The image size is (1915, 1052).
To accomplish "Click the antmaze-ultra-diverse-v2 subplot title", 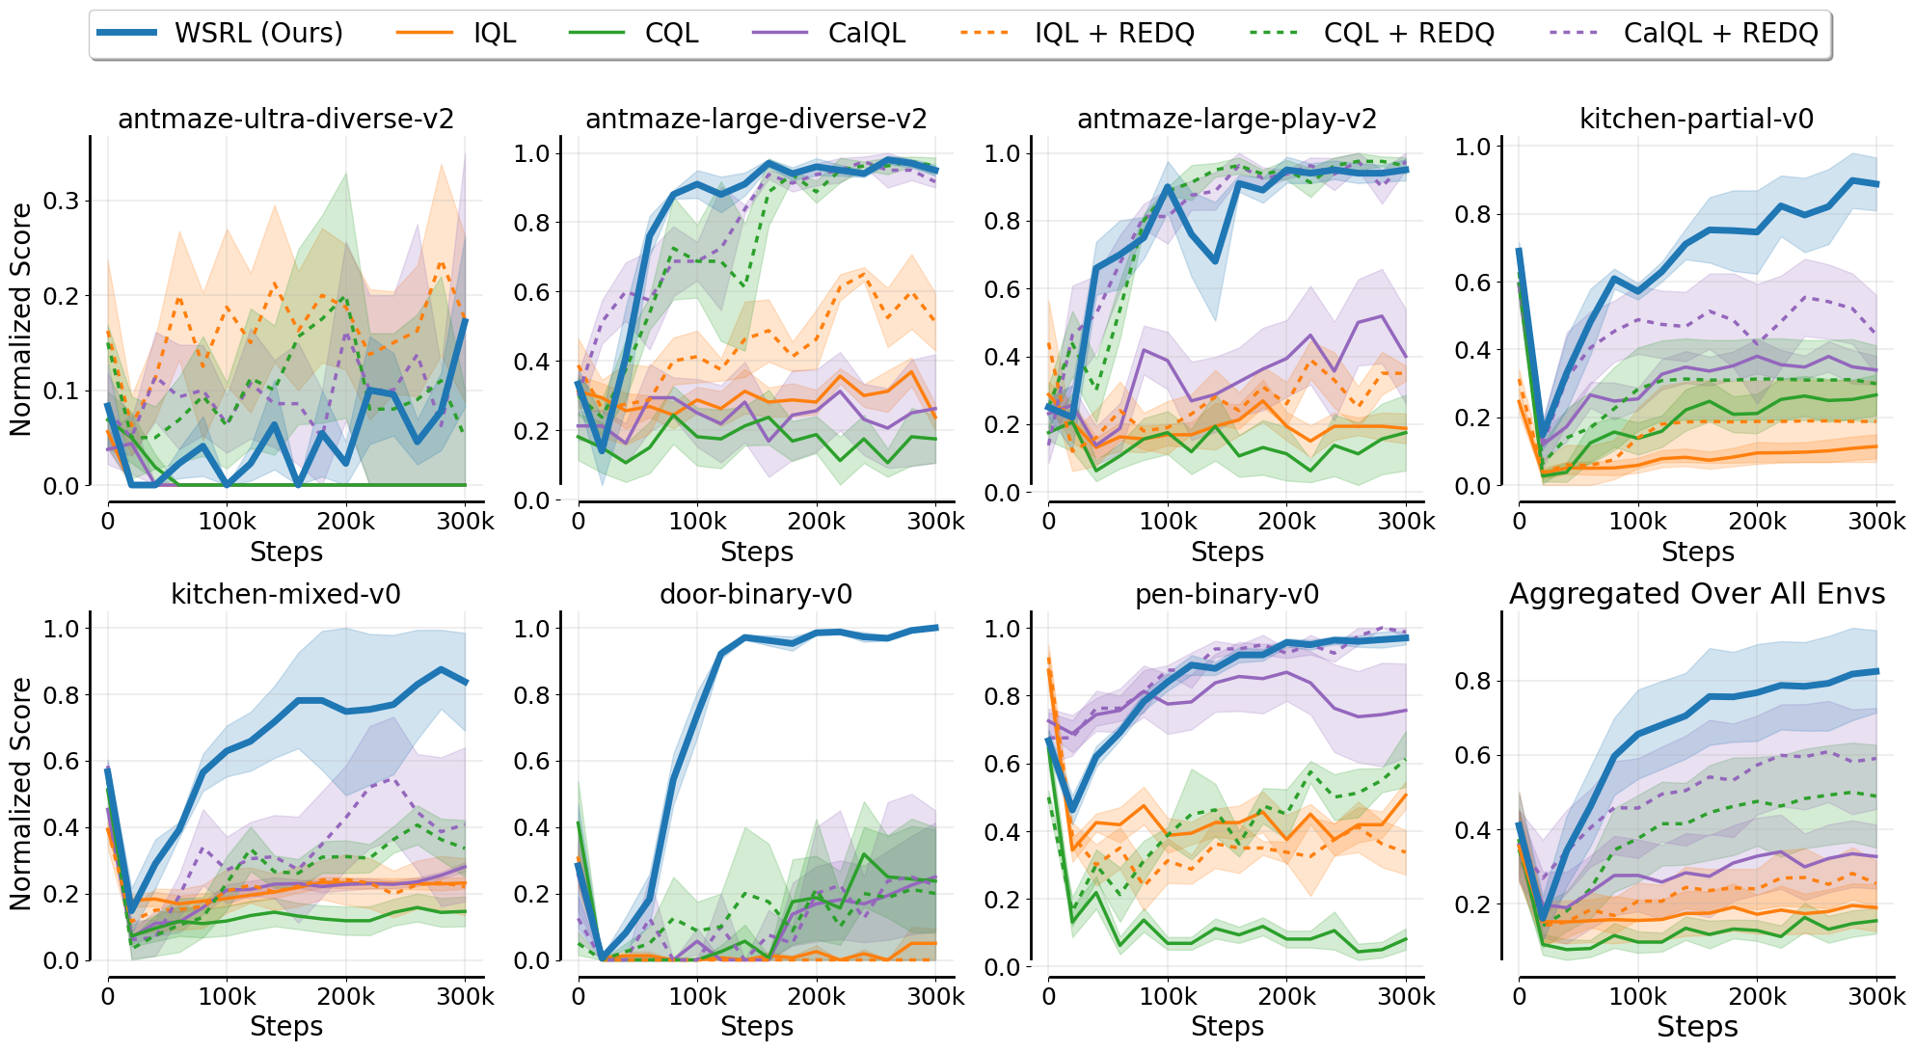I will pos(285,120).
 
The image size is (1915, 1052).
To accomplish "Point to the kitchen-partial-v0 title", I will pos(1696,120).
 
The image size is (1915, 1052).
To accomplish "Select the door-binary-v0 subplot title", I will pos(756,594).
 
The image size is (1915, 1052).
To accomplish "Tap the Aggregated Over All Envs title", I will pos(1696,594).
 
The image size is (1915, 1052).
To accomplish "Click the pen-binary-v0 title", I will pos(1227,594).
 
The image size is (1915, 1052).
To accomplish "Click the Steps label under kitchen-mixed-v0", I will pos(285,1027).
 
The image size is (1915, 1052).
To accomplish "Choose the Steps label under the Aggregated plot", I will pos(1696,1027).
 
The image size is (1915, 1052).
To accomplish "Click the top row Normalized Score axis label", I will pos(21,319).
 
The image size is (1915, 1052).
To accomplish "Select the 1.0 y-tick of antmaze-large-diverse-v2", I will pos(531,153).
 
